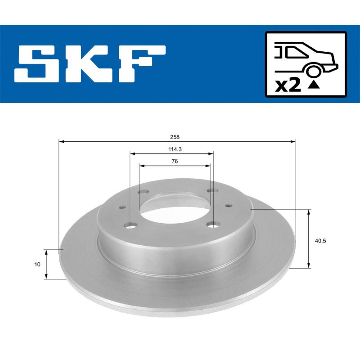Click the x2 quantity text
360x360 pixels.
[288, 85]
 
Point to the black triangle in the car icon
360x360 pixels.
[315, 84]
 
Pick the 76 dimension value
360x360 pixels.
[175, 161]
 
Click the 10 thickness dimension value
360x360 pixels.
[37, 265]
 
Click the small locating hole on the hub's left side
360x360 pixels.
[122, 208]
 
